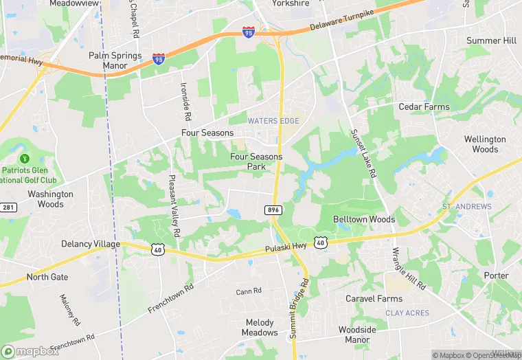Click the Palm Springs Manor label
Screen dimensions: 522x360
(x=115, y=60)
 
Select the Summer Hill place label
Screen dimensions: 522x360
(x=491, y=41)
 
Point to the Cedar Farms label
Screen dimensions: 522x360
(x=424, y=106)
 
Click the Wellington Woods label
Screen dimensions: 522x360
(x=485, y=144)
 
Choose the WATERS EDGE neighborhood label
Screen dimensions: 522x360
(x=274, y=121)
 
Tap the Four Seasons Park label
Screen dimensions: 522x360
(x=256, y=161)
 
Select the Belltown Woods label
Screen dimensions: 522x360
(x=364, y=219)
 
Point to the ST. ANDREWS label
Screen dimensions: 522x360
(x=467, y=206)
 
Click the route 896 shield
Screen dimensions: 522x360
(x=272, y=210)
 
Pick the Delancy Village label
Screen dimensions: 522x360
(x=91, y=244)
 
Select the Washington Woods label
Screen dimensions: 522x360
(x=50, y=199)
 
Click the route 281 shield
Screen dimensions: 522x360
(x=8, y=207)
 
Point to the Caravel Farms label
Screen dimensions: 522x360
(x=374, y=299)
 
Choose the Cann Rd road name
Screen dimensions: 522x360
(x=249, y=291)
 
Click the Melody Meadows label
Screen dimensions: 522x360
(x=260, y=328)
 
